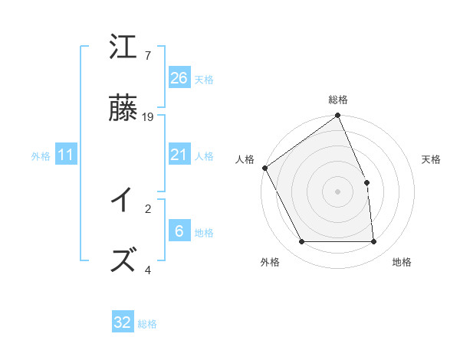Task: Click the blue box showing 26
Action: pyautogui.click(x=179, y=78)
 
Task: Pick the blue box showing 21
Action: pyautogui.click(x=179, y=155)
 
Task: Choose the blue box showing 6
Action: pyautogui.click(x=179, y=231)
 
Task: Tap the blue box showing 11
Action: pyautogui.click(x=66, y=155)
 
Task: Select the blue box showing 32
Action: pyautogui.click(x=123, y=322)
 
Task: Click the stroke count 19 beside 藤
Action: pyautogui.click(x=148, y=117)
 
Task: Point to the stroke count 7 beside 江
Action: pyautogui.click(x=147, y=56)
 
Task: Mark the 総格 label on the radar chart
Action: pyautogui.click(x=338, y=100)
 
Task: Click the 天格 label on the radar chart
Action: pyautogui.click(x=432, y=159)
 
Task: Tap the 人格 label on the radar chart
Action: pyautogui.click(x=245, y=159)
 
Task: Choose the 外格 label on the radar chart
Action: pyautogui.click(x=269, y=262)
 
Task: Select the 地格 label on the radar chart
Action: pyautogui.click(x=402, y=262)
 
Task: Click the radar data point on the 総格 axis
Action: pyautogui.click(x=338, y=116)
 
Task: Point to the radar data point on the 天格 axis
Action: pyautogui.click(x=366, y=182)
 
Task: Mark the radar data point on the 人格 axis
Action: pyautogui.click(x=265, y=168)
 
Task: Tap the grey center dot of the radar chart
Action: pyautogui.click(x=338, y=191)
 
